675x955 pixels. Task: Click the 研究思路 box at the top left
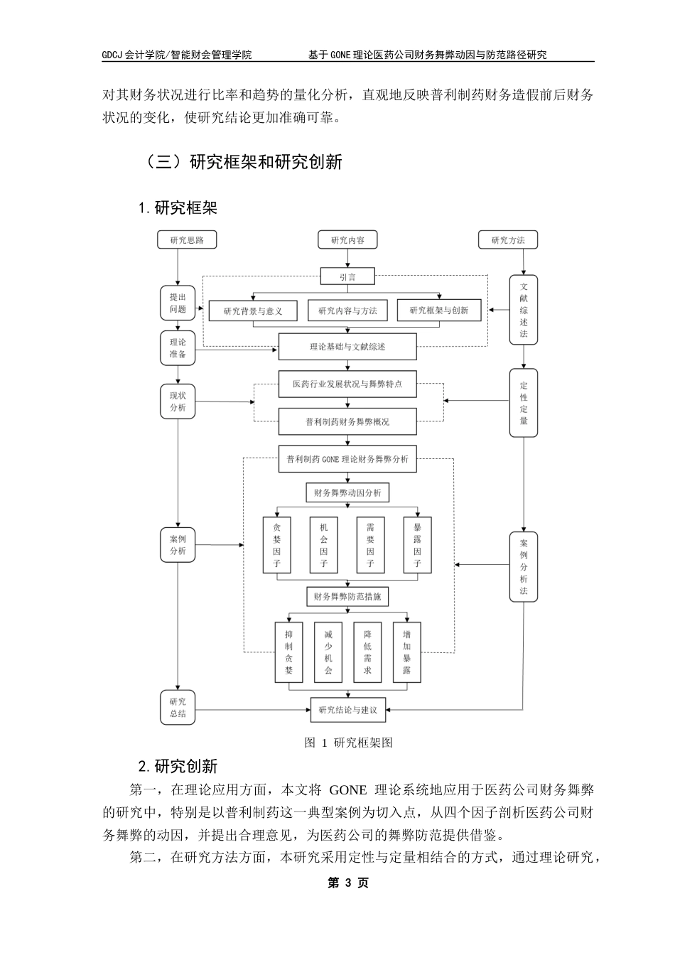tap(187, 240)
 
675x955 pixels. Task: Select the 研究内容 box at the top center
tap(347, 240)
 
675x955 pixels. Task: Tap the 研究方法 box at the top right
tap(508, 240)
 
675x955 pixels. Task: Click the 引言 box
tap(347, 277)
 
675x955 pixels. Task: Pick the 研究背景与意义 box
tap(253, 311)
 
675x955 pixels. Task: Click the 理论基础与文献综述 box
tap(347, 347)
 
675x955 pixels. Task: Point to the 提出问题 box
tap(178, 303)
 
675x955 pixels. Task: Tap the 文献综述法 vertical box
tap(524, 310)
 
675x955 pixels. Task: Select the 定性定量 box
tap(524, 403)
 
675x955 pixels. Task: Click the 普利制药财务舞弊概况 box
tap(347, 421)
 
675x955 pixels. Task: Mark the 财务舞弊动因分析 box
tap(347, 492)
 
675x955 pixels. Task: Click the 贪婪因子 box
tap(277, 545)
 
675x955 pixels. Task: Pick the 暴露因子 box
tap(417, 545)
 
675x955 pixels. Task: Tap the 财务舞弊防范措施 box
tap(347, 596)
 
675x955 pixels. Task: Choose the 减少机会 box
tap(328, 652)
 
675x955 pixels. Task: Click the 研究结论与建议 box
tap(347, 709)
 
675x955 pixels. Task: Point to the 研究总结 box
tap(178, 708)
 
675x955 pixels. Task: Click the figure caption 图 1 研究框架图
tap(348, 743)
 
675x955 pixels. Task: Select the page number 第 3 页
tap(347, 883)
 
